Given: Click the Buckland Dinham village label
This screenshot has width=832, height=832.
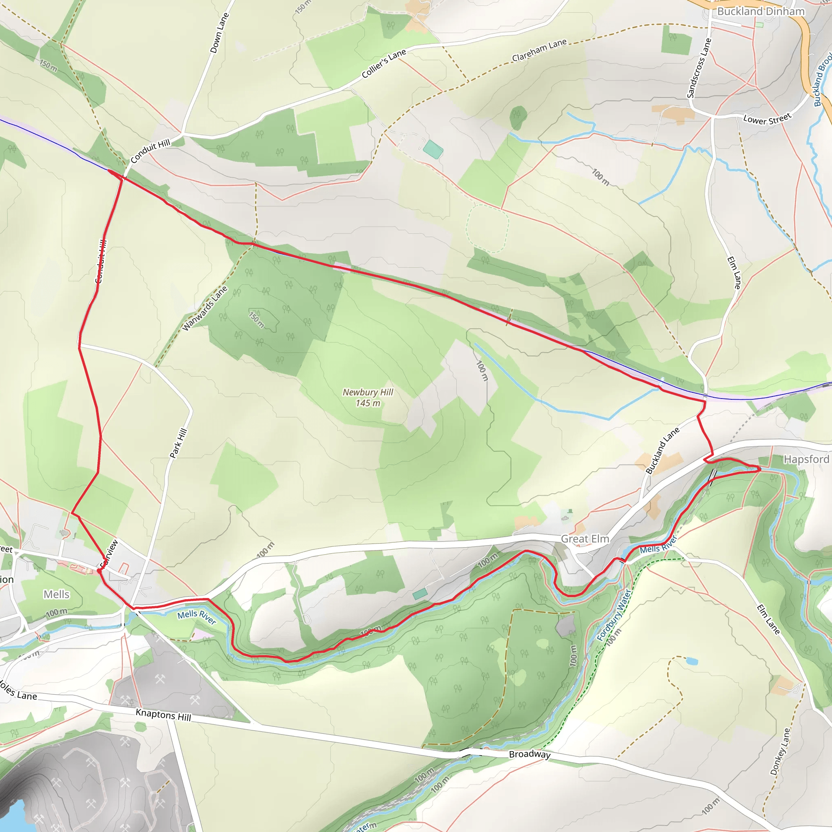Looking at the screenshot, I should click(760, 12).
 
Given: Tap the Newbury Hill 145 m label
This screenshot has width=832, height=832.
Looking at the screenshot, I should click(368, 397).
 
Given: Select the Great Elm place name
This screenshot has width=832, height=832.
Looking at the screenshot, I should click(585, 539).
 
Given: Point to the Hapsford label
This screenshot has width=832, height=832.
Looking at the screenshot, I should click(806, 459).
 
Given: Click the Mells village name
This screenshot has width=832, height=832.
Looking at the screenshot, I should click(56, 594).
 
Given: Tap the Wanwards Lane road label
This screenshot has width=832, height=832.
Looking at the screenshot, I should click(205, 309).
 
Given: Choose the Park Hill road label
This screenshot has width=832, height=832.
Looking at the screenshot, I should click(178, 443).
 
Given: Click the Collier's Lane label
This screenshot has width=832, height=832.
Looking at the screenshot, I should click(383, 64).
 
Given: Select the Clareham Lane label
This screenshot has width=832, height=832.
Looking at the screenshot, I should click(539, 50).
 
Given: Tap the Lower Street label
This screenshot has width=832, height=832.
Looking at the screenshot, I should click(767, 119).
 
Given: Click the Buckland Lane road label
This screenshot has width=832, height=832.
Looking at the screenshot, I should click(662, 451).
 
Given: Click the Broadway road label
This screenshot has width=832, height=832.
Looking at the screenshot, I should click(529, 754).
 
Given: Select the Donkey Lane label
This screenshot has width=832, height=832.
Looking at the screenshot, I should click(780, 752).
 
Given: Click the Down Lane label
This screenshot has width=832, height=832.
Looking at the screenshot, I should click(220, 33).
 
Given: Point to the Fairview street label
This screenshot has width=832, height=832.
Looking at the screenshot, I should click(108, 554).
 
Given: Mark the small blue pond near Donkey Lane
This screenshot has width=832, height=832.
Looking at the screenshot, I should click(691, 661).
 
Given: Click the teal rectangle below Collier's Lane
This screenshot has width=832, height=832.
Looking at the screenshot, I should click(433, 149).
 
